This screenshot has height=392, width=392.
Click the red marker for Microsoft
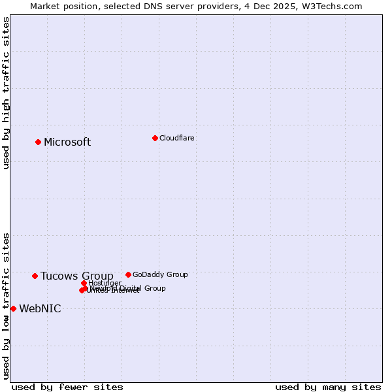38,142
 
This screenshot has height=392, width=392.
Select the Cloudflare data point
155,138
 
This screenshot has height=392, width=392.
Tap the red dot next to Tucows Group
35,276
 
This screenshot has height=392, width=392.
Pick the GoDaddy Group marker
128,274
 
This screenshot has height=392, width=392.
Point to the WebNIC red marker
13,308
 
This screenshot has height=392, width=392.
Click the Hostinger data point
84,283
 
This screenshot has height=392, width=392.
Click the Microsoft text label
67,142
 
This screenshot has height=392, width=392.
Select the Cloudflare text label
176,138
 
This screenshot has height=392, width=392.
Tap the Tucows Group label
76,276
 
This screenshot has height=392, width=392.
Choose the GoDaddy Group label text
160,274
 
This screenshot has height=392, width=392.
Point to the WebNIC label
40,309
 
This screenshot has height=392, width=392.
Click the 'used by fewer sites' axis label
67,387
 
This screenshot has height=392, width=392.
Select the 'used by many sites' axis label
327,387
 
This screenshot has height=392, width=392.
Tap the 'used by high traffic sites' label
6,93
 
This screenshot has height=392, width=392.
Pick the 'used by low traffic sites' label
6,305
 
